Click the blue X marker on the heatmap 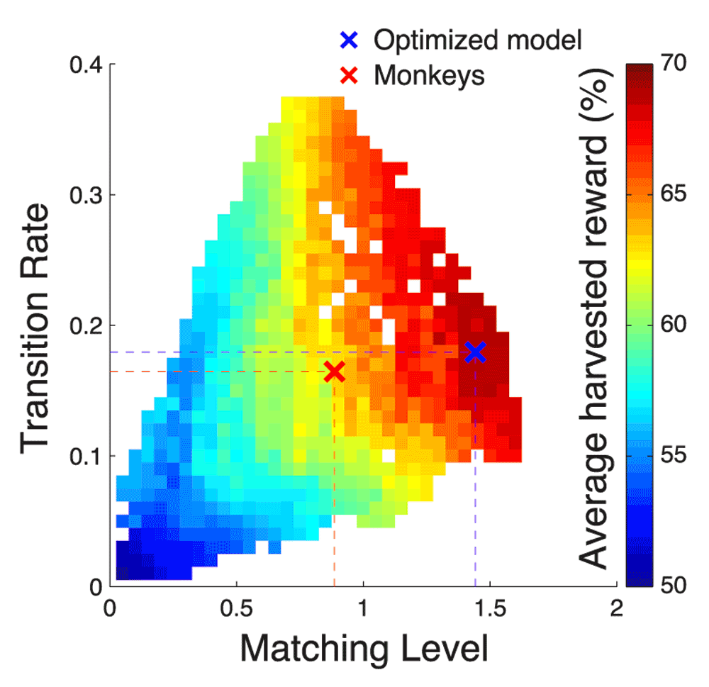(x=475, y=352)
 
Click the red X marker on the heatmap (x=334, y=372)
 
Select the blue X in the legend (x=347, y=40)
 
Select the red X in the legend (x=347, y=74)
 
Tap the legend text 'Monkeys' (x=429, y=74)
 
